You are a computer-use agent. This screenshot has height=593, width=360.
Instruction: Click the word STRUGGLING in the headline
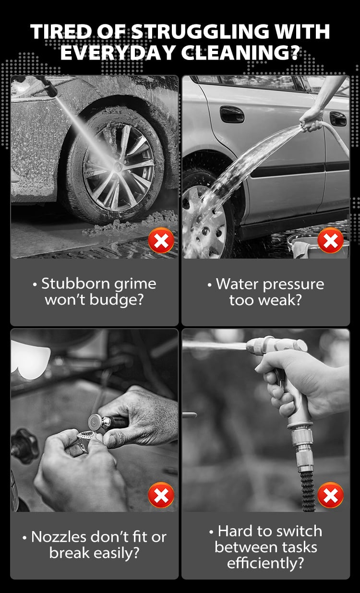[x=200, y=32]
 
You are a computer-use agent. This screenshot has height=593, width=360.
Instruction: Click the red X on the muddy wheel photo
[x=161, y=240]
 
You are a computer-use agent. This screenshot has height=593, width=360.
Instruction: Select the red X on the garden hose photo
[x=331, y=240]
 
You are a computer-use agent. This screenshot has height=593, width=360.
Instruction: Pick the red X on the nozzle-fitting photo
[x=161, y=495]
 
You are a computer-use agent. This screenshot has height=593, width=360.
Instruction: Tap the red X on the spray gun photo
[x=331, y=495]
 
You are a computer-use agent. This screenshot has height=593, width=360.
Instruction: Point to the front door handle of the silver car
[x=232, y=114]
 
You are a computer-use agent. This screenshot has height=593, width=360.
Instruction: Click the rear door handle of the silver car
[x=338, y=119]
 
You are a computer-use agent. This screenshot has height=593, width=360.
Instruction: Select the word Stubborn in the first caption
[x=75, y=284]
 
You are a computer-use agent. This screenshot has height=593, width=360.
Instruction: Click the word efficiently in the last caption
[x=265, y=563]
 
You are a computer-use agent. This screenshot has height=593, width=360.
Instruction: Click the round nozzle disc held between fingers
[x=96, y=421]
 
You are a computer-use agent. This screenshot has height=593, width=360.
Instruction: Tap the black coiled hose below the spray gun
[x=308, y=492]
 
